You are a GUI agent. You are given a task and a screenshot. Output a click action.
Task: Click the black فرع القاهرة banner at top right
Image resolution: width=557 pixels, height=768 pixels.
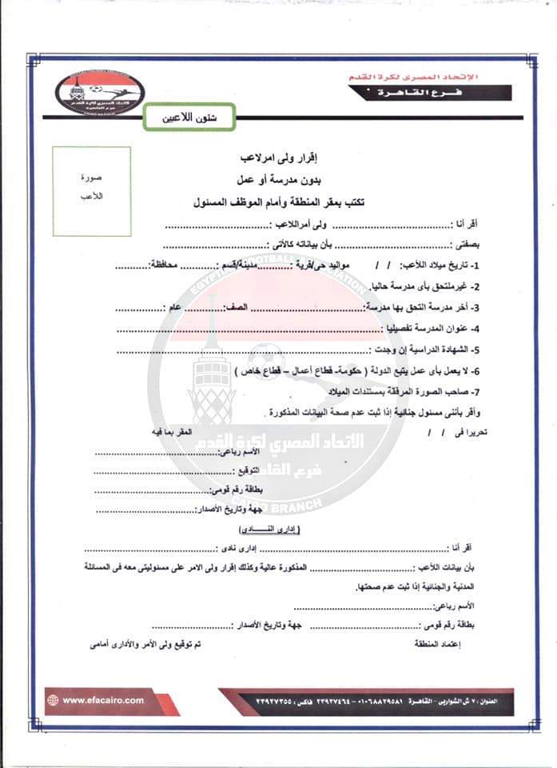(431, 92)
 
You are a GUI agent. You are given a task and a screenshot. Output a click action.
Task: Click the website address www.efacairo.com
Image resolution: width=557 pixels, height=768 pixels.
(103, 700)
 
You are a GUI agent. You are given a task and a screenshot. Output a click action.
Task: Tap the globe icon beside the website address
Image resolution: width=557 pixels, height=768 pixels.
(53, 700)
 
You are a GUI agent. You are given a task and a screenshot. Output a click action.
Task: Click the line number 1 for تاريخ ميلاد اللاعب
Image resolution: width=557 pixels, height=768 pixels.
(475, 266)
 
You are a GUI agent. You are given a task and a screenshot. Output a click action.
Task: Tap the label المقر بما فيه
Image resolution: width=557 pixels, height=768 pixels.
(174, 432)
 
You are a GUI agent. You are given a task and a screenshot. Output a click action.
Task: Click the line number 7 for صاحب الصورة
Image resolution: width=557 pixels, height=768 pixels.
(475, 390)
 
